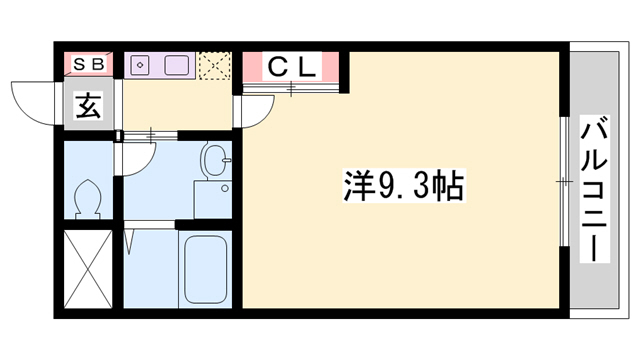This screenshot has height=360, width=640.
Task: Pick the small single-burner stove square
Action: pos(140,65)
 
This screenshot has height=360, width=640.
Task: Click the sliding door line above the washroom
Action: pos(150,133)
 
